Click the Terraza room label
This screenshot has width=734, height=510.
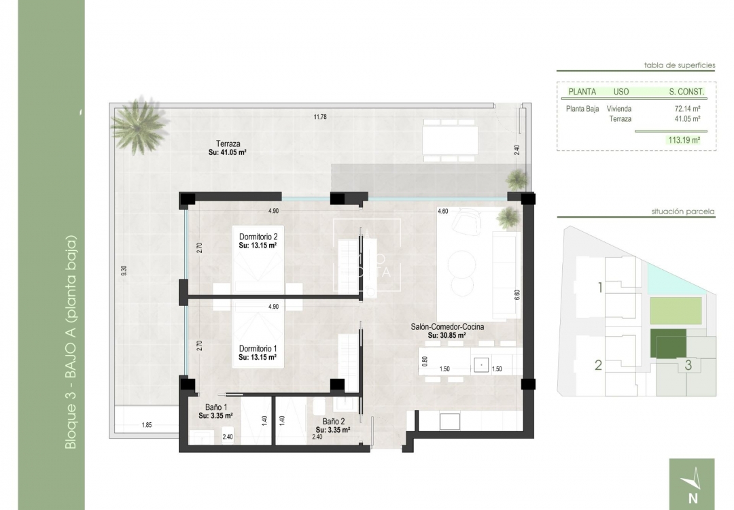[x=227, y=143]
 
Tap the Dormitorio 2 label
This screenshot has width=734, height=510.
[x=258, y=237]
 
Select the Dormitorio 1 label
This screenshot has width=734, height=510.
[x=258, y=347]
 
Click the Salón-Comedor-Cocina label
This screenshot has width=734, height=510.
[x=447, y=327]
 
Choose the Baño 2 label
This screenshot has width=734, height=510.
[x=334, y=422]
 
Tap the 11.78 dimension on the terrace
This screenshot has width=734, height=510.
[x=320, y=117]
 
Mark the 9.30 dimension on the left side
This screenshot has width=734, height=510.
[x=124, y=270]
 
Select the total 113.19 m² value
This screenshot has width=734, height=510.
[x=684, y=141]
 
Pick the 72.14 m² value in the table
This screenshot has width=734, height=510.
[x=687, y=108]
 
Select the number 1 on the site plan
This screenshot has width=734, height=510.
[x=599, y=288]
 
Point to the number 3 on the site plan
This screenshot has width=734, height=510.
[x=688, y=364]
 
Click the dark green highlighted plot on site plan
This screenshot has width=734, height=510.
[x=668, y=344]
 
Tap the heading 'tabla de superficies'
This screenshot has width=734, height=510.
[x=680, y=65]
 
